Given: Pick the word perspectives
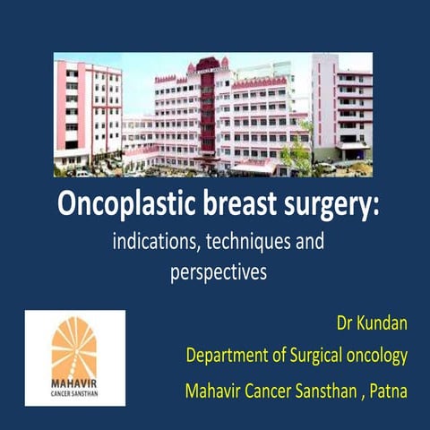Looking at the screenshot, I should pos(219,273).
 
